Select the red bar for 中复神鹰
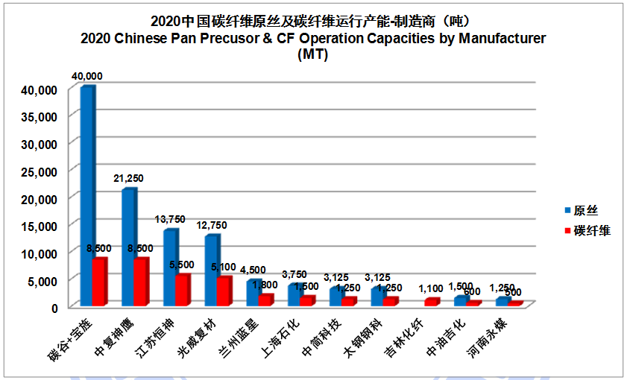click(140, 282)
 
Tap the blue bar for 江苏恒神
click(171, 267)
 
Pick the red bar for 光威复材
click(224, 291)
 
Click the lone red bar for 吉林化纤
click(431, 302)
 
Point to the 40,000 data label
click(86, 76)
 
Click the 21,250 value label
click(128, 179)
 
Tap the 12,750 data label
click(212, 225)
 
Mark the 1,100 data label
click(432, 288)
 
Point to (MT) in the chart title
click(312, 54)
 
